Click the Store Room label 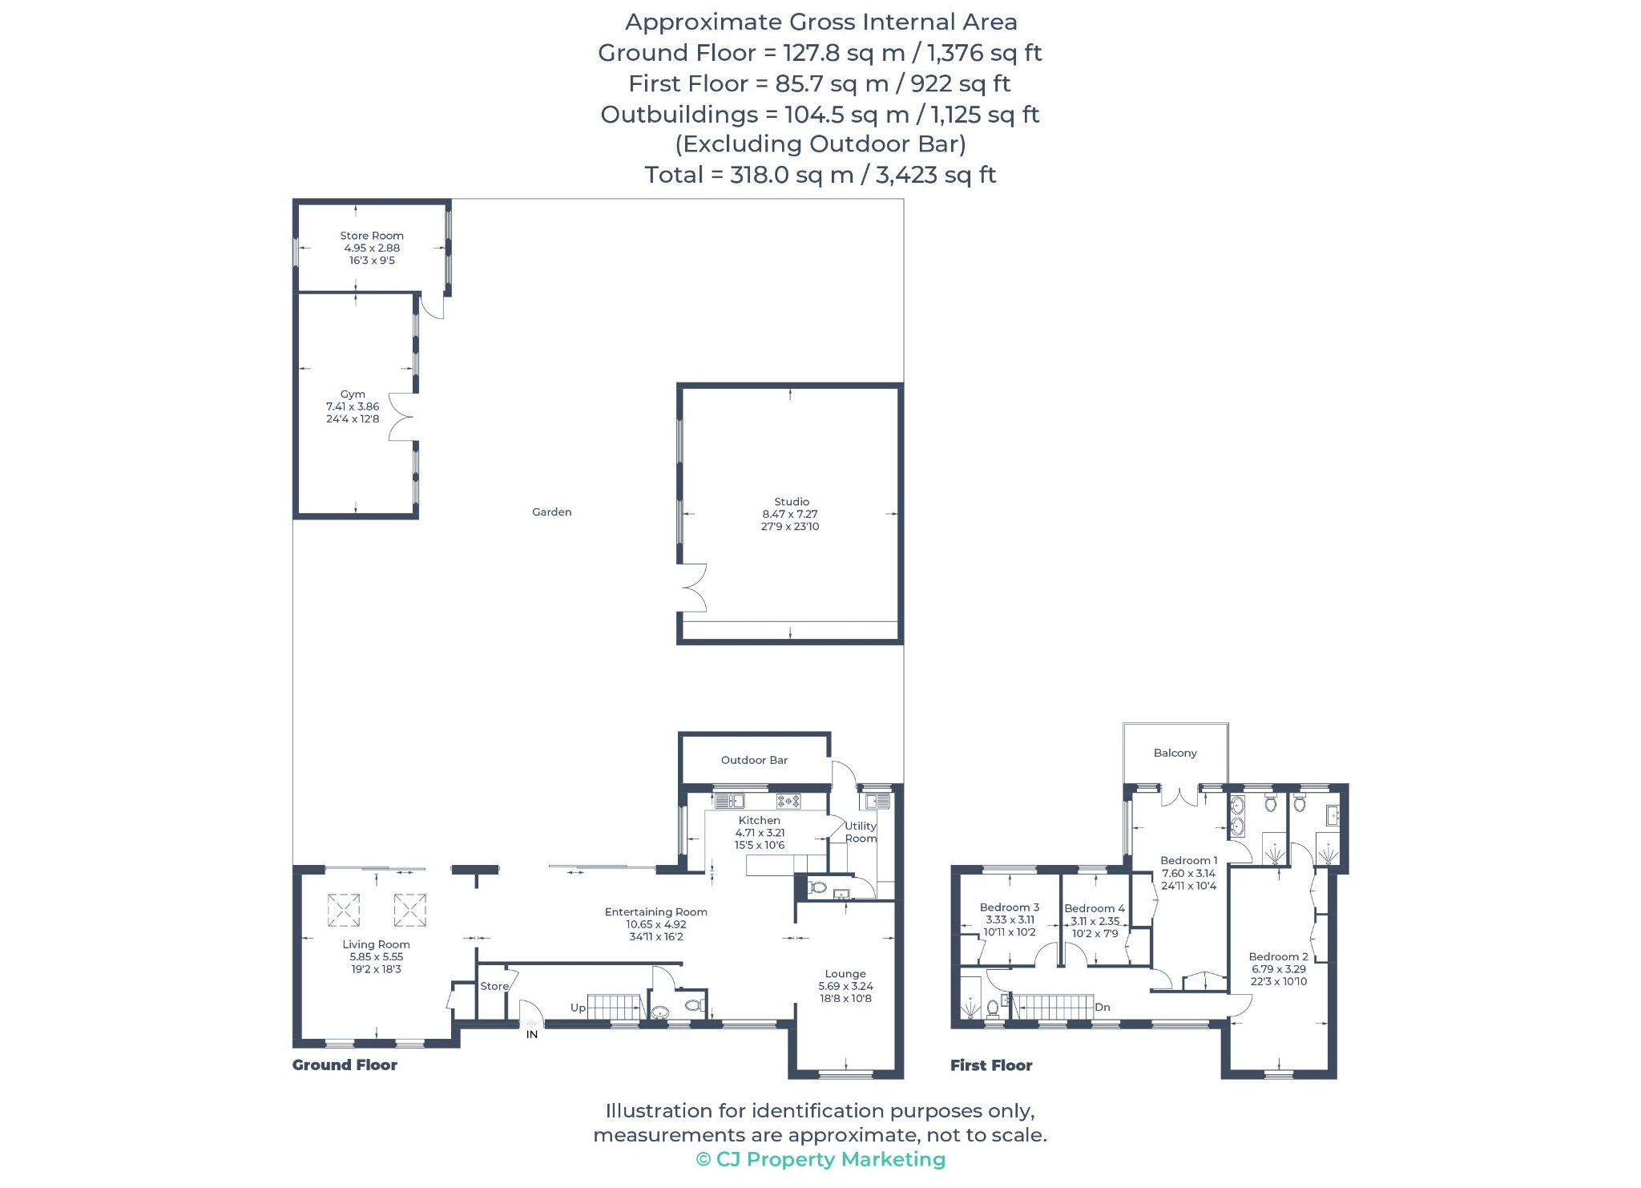pyautogui.click(x=372, y=236)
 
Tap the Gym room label pyautogui.click(x=353, y=394)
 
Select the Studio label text pyautogui.click(x=792, y=502)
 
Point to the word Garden pyautogui.click(x=552, y=512)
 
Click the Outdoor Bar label pyautogui.click(x=754, y=760)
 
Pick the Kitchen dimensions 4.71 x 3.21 pyautogui.click(x=760, y=833)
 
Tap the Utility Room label pyautogui.click(x=861, y=832)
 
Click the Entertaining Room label pyautogui.click(x=656, y=912)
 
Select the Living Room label pyautogui.click(x=376, y=945)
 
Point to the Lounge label pyautogui.click(x=845, y=974)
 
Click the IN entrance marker pyautogui.click(x=532, y=1035)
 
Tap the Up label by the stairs pyautogui.click(x=578, y=1008)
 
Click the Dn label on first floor pyautogui.click(x=1103, y=1008)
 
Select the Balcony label pyautogui.click(x=1175, y=754)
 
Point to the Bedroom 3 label pyautogui.click(x=1010, y=907)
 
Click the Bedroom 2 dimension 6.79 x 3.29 pyautogui.click(x=1279, y=969)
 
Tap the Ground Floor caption pyautogui.click(x=345, y=1065)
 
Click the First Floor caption pyautogui.click(x=991, y=1065)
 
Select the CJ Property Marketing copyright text pyautogui.click(x=820, y=1160)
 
